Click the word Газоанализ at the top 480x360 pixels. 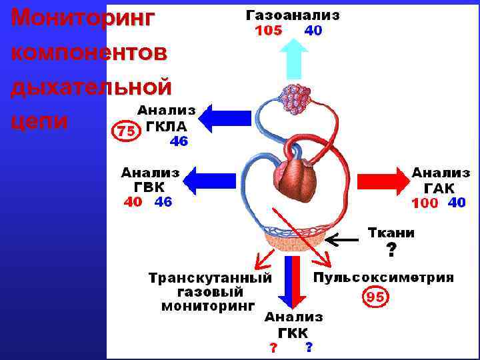tap(293, 15)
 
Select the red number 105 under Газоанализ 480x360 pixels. tap(268, 31)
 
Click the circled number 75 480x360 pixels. tap(124, 131)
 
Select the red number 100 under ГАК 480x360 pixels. tap(425, 203)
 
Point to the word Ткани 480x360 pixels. tap(391, 233)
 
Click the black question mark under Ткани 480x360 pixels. tap(391, 251)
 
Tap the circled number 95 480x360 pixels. tap(375, 297)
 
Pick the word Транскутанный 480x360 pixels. tap(210, 278)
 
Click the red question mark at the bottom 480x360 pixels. tap(273, 348)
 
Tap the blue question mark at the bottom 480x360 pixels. tap(309, 347)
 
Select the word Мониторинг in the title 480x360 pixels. tap(82, 17)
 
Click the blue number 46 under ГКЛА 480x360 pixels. tap(179, 141)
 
